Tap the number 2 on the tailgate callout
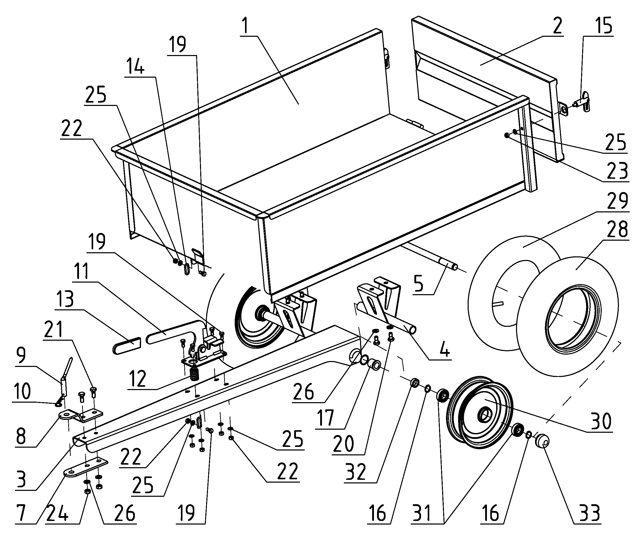click(x=557, y=26)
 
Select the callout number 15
click(x=603, y=26)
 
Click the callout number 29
click(x=617, y=201)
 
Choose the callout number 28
click(x=617, y=229)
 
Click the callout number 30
click(x=601, y=421)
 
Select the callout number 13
click(x=65, y=299)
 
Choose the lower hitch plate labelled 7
click(x=86, y=467)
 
